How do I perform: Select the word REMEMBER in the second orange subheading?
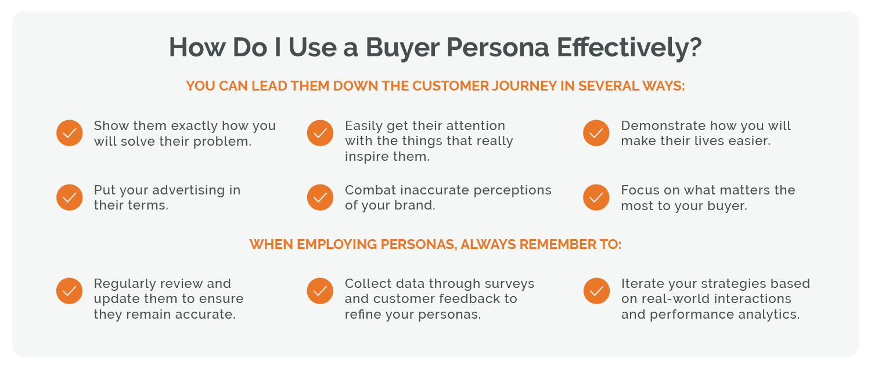coord(561,244)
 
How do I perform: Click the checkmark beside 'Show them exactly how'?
coord(70,133)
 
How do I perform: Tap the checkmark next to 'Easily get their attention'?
coord(320,133)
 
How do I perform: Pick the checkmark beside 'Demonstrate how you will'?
coord(596,133)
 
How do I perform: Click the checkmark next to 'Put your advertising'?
coord(70,197)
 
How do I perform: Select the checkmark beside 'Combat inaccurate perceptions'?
coord(320,197)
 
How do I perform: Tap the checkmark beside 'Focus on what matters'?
coord(596,197)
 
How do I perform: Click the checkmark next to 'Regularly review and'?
coord(70,291)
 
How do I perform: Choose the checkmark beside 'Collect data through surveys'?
coord(320,291)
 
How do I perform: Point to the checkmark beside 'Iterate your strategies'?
coord(596,291)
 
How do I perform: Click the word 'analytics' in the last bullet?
coord(769,315)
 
